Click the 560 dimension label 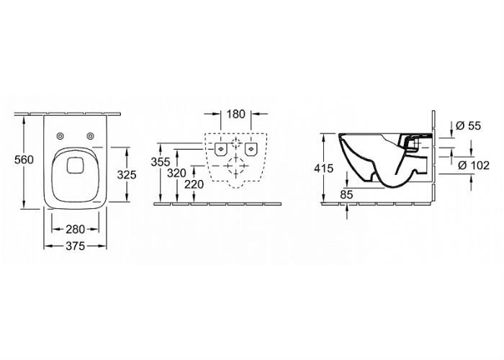click(24, 160)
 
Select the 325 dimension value click(127, 175)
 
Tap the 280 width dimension click(75, 229)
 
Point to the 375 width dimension click(75, 246)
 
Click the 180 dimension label click(236, 114)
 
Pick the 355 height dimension click(161, 162)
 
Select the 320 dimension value click(176, 174)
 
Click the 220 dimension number click(194, 184)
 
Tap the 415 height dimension click(324, 168)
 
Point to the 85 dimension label click(346, 194)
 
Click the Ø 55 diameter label click(468, 126)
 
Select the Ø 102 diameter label click(474, 165)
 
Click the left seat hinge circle click(60, 136)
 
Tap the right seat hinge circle click(90, 136)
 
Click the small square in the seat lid click(75, 166)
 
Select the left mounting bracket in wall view click(221, 149)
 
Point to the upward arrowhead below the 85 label click(347, 207)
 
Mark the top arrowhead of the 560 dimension click(24, 120)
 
